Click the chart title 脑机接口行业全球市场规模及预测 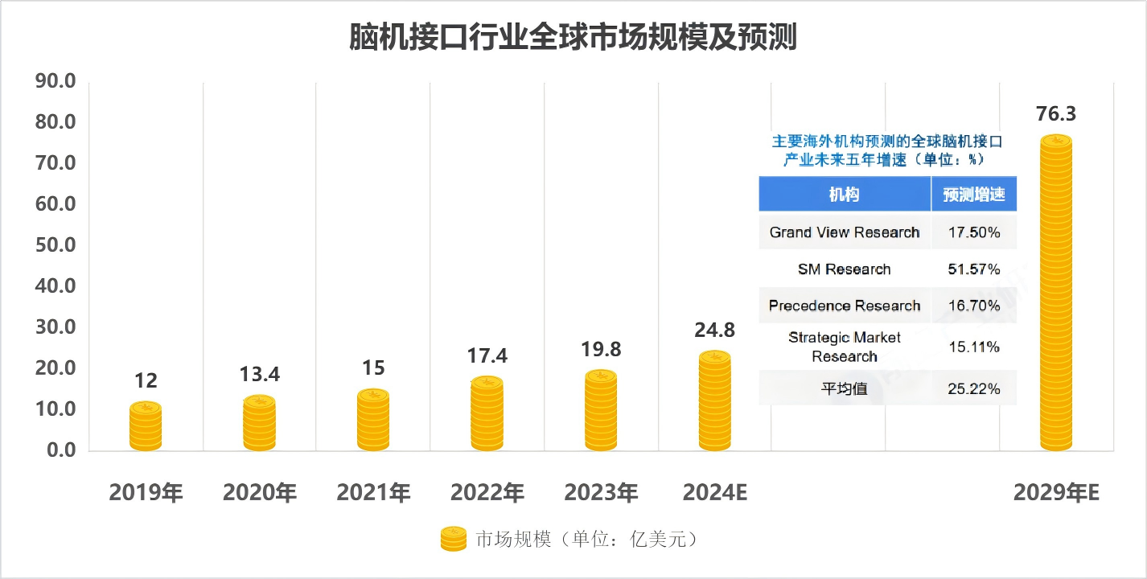[x=573, y=38]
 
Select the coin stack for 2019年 [x=146, y=426]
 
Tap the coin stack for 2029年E [x=1055, y=294]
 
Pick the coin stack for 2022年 [x=487, y=413]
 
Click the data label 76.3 [x=1055, y=113]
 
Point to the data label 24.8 [x=715, y=330]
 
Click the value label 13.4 [x=259, y=374]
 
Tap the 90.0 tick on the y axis [x=55, y=81]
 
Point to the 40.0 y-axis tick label [x=55, y=286]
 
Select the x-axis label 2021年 [x=373, y=492]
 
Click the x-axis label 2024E [x=715, y=492]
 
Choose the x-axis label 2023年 [x=601, y=492]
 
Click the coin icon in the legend [x=453, y=539]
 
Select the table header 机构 [x=844, y=195]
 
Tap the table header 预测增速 [x=974, y=195]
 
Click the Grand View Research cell [x=844, y=232]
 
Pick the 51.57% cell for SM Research [x=974, y=269]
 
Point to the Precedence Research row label [x=844, y=306]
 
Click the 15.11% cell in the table [x=974, y=347]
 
